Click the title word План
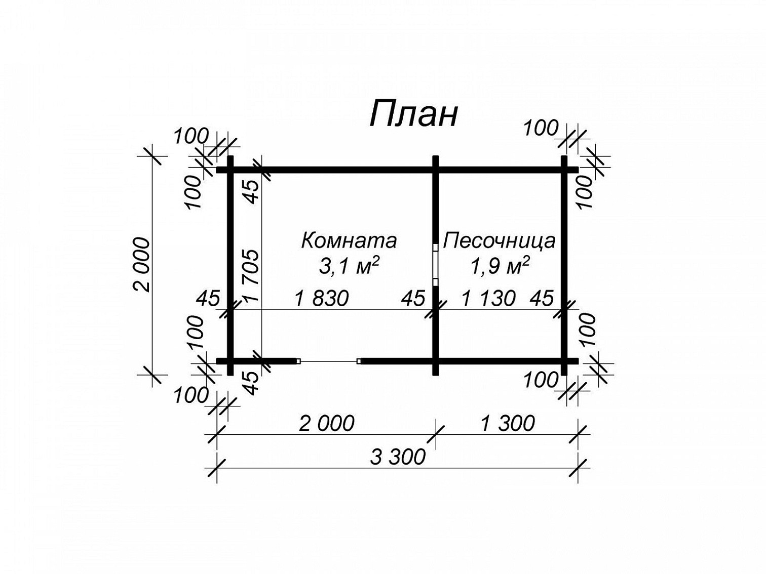pos(413,114)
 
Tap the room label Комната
pos(349,240)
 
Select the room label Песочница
pos(499,240)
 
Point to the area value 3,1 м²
pos(349,267)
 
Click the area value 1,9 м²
pos(500,267)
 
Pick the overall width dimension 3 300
pos(398,457)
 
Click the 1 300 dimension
pos(508,424)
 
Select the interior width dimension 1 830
pos(321,299)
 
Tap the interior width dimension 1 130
pos(488,299)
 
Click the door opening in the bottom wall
pos(328,361)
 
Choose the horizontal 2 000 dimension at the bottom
pos(327,424)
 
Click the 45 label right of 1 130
pos(542,299)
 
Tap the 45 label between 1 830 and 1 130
pos(413,299)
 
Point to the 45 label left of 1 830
pos(208,299)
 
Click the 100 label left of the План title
pos(191,136)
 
